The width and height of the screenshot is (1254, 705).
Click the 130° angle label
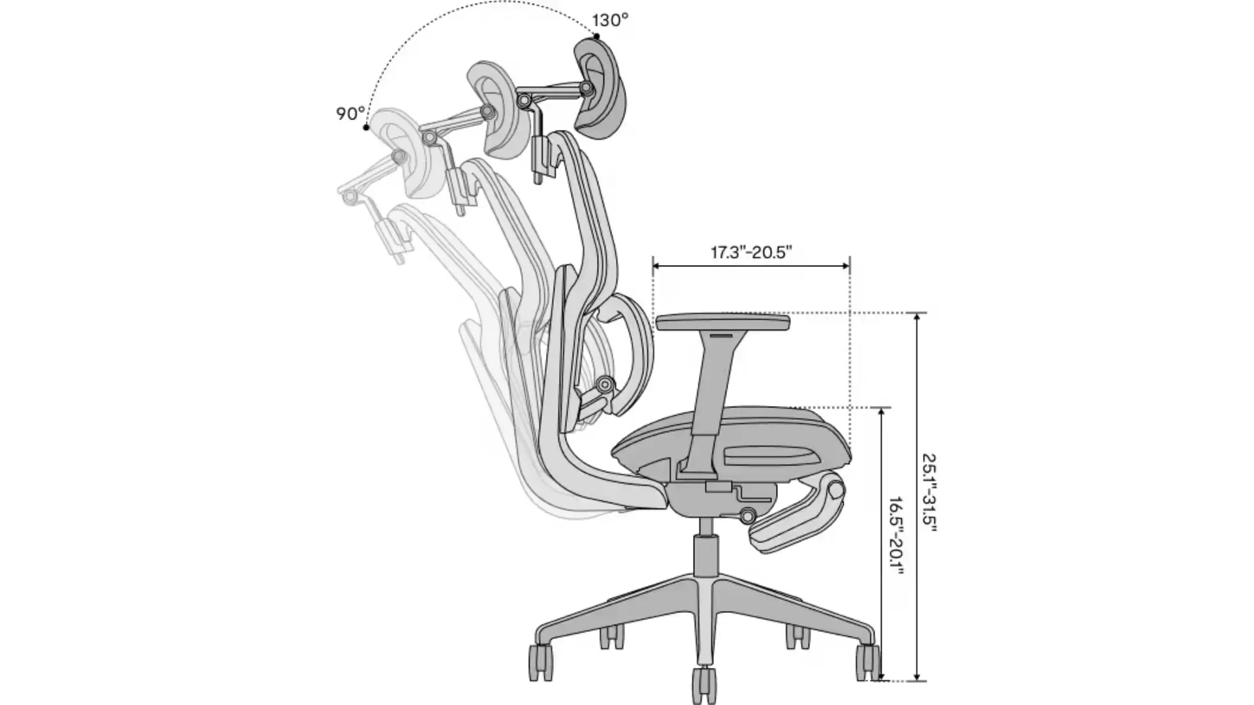[611, 20]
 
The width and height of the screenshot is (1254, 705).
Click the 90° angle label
[350, 114]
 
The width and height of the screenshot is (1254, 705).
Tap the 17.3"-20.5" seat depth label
[751, 252]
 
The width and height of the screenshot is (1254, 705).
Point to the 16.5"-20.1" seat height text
[895, 536]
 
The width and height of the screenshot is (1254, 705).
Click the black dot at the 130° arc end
[596, 37]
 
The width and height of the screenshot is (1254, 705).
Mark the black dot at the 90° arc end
[366, 127]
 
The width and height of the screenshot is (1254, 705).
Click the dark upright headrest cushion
[596, 88]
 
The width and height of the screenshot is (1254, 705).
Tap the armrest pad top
[723, 322]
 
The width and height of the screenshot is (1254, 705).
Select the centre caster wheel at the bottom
[703, 685]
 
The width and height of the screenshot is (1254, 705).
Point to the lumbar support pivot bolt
[605, 384]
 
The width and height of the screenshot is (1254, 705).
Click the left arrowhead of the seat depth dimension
[658, 266]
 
